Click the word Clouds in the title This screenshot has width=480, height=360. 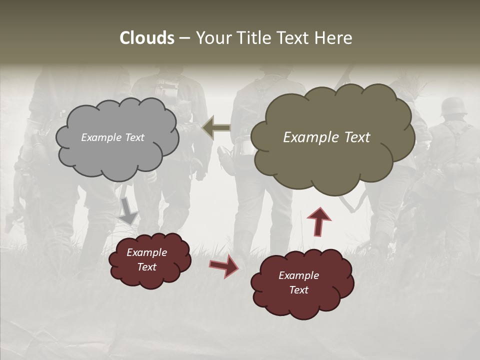click(x=147, y=38)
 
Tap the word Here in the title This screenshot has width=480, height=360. click(x=334, y=38)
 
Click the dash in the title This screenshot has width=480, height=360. click(x=184, y=38)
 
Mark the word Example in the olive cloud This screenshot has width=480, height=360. click(x=310, y=137)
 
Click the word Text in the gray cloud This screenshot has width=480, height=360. click(x=133, y=137)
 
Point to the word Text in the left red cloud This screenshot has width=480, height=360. click(x=147, y=267)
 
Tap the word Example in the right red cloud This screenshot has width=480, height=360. click(x=298, y=275)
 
